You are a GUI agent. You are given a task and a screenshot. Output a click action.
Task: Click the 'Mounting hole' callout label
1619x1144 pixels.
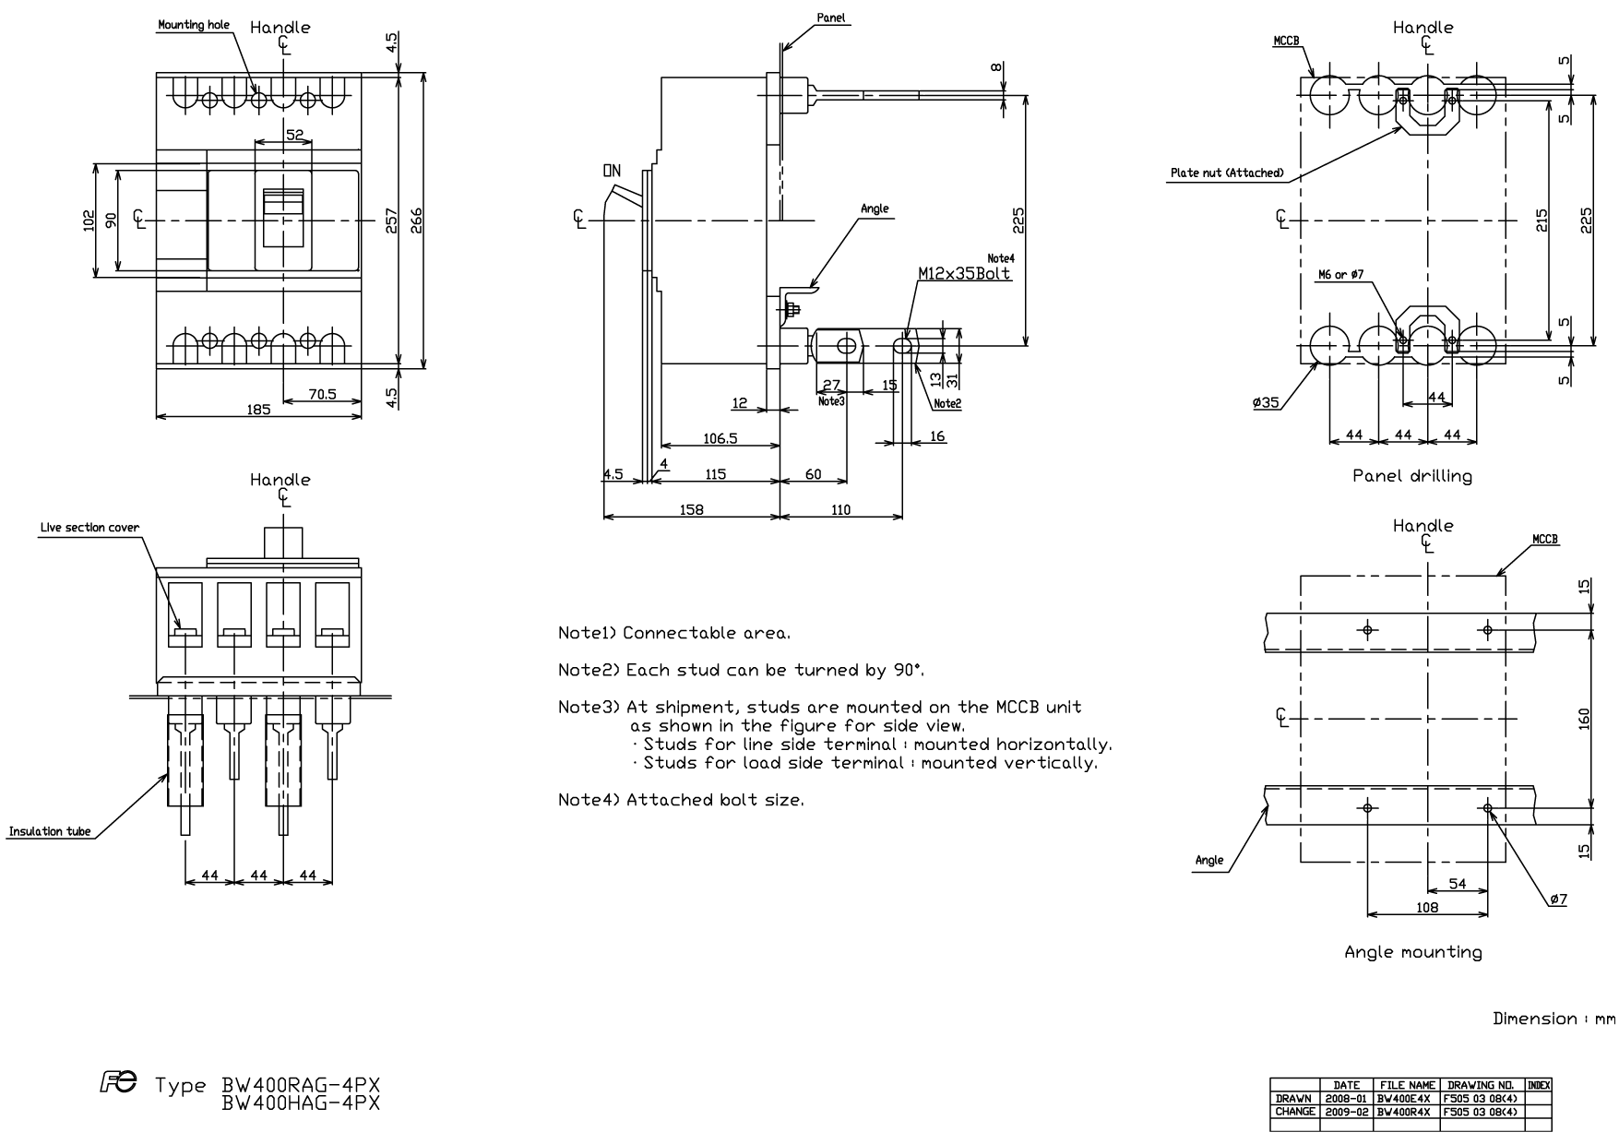194,25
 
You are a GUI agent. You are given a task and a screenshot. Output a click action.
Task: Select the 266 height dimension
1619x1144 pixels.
416,220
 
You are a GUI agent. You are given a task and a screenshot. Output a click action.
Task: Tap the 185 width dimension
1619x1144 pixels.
259,409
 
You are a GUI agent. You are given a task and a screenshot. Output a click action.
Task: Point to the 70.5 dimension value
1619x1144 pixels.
322,394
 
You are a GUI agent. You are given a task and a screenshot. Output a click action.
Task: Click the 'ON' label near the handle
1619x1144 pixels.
612,171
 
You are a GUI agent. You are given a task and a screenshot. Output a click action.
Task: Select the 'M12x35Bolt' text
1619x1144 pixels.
965,273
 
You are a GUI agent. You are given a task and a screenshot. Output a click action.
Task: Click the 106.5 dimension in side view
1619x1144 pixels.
720,439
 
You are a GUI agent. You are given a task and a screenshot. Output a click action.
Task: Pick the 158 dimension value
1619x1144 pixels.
691,509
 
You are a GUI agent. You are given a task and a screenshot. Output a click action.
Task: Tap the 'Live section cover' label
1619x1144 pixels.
89,528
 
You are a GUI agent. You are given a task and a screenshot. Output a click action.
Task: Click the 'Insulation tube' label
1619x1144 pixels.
50,831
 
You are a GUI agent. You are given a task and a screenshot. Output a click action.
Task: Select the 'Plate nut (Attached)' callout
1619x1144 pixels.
1227,173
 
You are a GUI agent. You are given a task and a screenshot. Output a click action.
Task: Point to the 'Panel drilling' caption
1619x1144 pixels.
1412,476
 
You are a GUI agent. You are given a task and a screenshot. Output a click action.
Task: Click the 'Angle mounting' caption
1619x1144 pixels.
1413,952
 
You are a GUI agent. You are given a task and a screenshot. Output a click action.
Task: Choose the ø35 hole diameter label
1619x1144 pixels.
1266,402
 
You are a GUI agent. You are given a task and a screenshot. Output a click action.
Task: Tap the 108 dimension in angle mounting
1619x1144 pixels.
1426,907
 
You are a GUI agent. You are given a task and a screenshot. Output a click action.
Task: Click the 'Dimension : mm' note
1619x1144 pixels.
1554,1019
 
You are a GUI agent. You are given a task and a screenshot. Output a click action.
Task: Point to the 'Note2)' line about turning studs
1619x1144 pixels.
742,670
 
